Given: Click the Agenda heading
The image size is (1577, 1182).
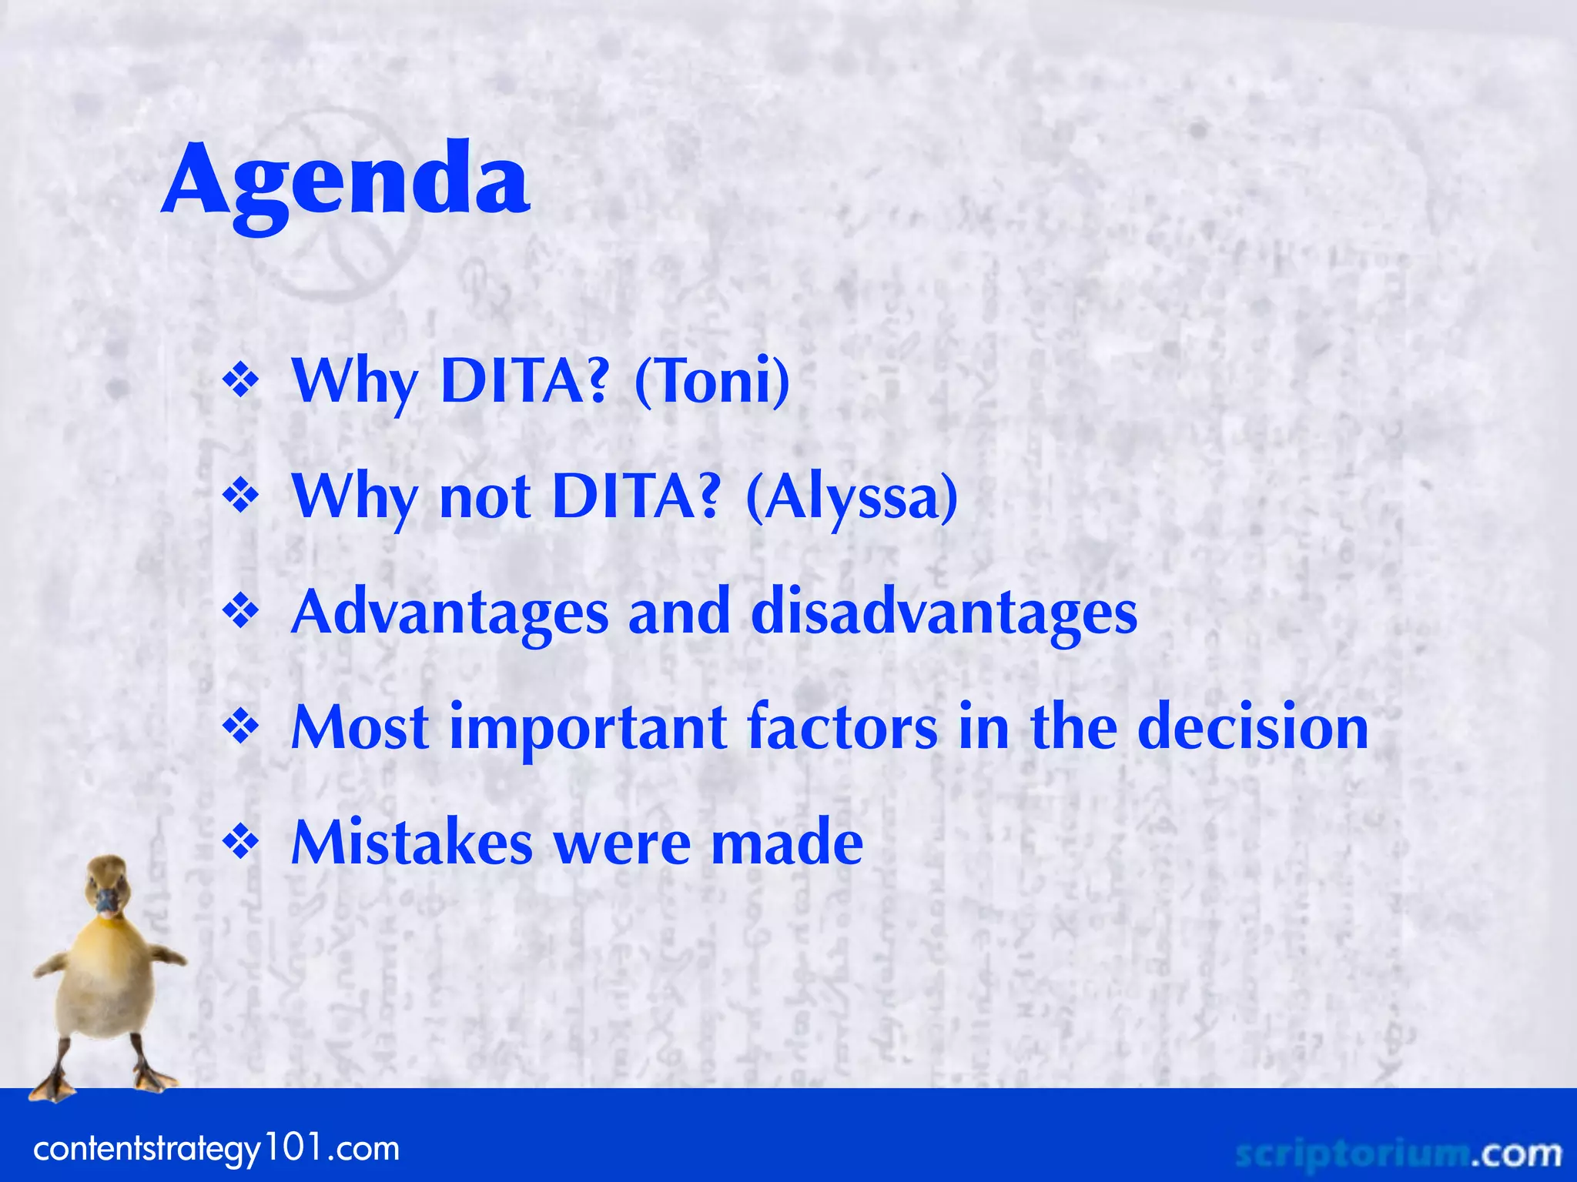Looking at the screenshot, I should point(346,182).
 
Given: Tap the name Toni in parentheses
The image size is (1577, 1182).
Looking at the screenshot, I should point(712,380).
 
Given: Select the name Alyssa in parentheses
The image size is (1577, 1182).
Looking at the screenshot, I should point(852,496).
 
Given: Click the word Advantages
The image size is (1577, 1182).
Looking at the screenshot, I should point(450,612).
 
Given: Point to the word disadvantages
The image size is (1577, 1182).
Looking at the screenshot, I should point(943,612).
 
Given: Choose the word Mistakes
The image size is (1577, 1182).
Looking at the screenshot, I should point(412,843).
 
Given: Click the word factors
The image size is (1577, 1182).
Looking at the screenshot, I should point(842,727).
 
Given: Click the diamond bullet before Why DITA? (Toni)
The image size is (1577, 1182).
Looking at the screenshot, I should point(241,381).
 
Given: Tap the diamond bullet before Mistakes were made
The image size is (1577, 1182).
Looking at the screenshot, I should point(241,843).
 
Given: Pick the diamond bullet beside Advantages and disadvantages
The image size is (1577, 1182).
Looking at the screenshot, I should point(241,612).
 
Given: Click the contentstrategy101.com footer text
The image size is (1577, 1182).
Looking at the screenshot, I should point(216,1149).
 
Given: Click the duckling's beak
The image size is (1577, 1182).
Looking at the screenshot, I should point(106,901).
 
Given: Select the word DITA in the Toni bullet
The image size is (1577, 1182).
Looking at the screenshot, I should point(524,380).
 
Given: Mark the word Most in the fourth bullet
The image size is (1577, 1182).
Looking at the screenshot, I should point(360,727).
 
